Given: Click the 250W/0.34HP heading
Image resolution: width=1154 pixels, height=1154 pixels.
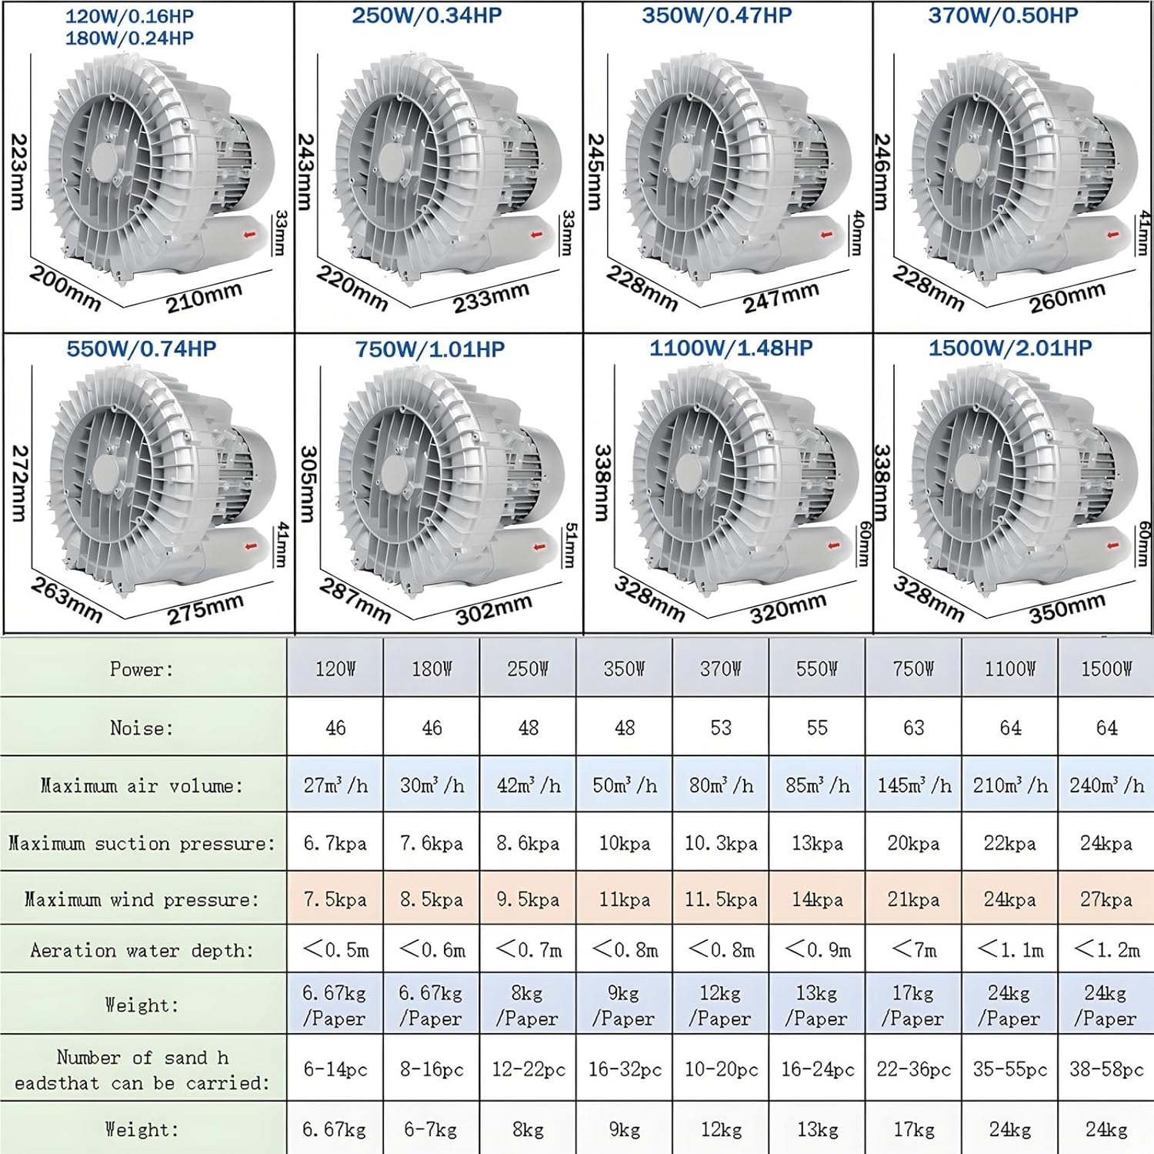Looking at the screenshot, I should tap(427, 16).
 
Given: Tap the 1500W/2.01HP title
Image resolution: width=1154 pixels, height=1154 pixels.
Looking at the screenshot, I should tap(1009, 349).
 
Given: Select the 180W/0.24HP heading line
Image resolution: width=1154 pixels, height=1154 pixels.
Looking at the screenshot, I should tap(129, 38).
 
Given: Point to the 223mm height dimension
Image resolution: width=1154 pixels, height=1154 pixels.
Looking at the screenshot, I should tap(18, 172).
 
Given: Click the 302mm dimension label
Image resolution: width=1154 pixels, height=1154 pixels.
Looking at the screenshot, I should tap(493, 610).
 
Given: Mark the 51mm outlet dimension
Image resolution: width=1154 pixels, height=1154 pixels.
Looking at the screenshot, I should tap(570, 545).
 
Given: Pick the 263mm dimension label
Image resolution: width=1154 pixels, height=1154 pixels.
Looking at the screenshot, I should tap(66, 600).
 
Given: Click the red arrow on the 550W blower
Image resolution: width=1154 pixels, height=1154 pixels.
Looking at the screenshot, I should tap(251, 547).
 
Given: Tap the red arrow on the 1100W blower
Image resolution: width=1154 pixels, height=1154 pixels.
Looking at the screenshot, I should tap(834, 545).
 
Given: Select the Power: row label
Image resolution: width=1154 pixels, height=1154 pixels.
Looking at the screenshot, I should tap(142, 669).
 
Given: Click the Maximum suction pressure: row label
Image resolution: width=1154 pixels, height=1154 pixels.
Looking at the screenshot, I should tap(142, 843).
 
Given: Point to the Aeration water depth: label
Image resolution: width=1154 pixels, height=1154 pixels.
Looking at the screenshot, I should tap(142, 950).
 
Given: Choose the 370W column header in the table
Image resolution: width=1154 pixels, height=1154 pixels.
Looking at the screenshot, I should tap(720, 669).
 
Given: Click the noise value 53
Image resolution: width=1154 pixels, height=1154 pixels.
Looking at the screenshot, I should tap(720, 728).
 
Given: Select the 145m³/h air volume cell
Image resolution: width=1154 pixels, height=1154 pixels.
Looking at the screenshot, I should tap(913, 785).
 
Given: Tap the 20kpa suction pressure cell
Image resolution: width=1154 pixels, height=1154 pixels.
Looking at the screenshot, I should tap(913, 843).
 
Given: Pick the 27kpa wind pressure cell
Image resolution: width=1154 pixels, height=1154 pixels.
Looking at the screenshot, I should tap(1106, 899).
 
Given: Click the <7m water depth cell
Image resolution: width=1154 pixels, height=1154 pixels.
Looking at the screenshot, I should tap(913, 950).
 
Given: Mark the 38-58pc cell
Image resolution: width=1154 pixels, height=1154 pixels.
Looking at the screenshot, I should tap(1106, 1069).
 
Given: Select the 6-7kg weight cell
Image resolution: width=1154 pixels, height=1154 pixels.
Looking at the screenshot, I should tap(431, 1129).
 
